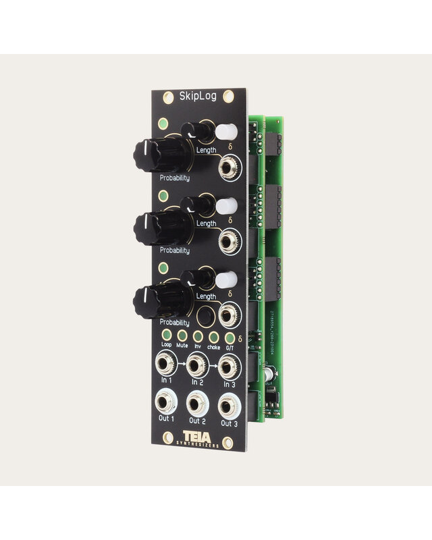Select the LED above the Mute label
[182, 335]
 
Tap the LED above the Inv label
[198, 336]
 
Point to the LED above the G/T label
[230, 337]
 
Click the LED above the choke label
[214, 337]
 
